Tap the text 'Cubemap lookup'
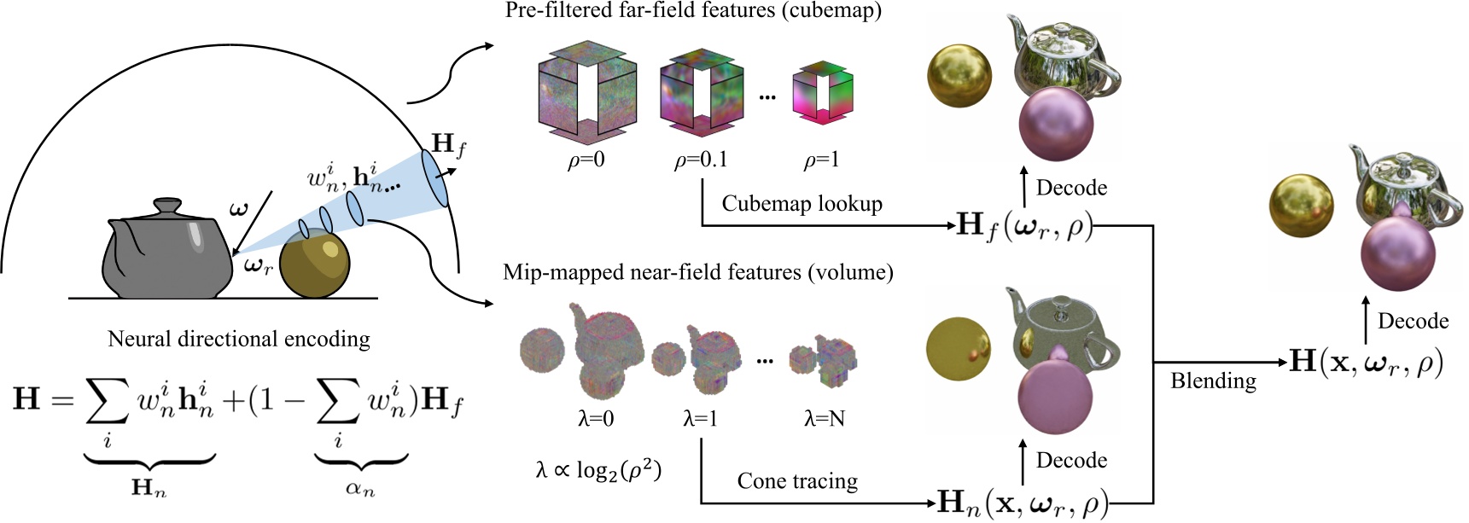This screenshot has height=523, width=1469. coord(802,204)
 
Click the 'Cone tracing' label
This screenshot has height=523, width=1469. coord(797,481)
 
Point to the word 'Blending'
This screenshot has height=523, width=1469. coord(1213,381)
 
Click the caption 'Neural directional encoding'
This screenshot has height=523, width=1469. coord(239,339)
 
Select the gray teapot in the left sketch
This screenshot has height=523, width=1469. coord(167,251)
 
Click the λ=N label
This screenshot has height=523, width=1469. coord(825,419)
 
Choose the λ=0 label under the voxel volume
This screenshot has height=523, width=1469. coord(595,419)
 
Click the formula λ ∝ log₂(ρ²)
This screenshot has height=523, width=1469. coord(598,470)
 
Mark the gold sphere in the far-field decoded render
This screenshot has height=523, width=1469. coord(960,75)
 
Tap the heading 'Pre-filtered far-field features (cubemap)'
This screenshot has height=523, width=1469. coord(693,11)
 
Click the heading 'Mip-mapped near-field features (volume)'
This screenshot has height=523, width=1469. coord(698,272)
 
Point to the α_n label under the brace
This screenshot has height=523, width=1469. coord(360,489)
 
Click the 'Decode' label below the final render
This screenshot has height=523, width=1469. coord(1413,321)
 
